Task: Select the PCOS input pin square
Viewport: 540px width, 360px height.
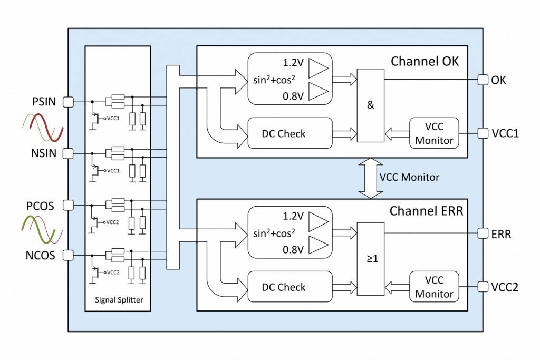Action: (67, 205)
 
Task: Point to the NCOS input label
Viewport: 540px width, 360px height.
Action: (41, 256)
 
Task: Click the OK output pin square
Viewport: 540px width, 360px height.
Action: (482, 80)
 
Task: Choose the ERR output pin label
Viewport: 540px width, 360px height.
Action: (501, 233)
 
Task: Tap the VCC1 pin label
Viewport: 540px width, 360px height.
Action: (505, 133)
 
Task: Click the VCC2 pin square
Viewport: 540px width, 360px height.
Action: (482, 287)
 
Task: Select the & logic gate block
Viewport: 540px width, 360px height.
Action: (370, 105)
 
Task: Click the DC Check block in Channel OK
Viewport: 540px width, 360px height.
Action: (290, 133)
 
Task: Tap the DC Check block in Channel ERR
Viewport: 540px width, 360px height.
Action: (290, 287)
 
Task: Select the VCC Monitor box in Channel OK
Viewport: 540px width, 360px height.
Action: (434, 133)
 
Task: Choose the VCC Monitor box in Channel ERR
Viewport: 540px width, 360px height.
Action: (434, 287)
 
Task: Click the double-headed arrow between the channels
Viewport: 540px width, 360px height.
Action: (370, 178)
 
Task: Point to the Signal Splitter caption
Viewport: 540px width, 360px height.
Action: (119, 300)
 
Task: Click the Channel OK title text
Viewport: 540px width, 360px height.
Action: (425, 61)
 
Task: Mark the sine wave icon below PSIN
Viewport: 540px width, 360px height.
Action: (42, 128)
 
